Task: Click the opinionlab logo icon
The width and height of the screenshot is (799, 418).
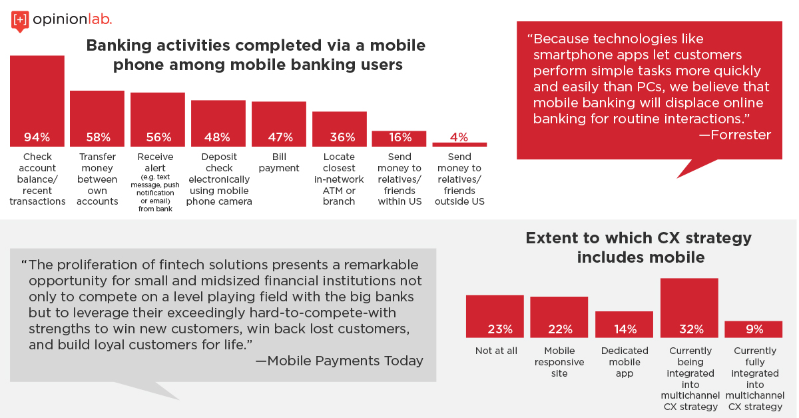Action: click(x=20, y=21)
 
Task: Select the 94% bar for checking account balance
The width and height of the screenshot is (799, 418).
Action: click(x=37, y=101)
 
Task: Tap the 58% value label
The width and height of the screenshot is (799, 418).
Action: click(x=99, y=137)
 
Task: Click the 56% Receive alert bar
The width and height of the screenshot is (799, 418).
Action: click(x=158, y=120)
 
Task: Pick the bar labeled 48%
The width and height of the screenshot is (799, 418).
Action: click(x=218, y=123)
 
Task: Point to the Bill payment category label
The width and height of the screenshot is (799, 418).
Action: click(x=279, y=162)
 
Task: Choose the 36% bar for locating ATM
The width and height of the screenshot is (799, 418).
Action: click(x=340, y=129)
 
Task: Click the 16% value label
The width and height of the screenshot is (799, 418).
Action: click(x=400, y=137)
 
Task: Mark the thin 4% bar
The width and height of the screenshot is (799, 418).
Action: click(x=459, y=145)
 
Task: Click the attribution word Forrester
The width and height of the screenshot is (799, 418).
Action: click(x=740, y=135)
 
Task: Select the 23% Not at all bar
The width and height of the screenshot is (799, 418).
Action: click(x=495, y=317)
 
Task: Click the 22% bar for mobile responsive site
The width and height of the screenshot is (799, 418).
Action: click(x=559, y=317)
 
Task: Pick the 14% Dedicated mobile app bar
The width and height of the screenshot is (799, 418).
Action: click(x=625, y=325)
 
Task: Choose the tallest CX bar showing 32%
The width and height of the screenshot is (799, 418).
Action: click(x=689, y=308)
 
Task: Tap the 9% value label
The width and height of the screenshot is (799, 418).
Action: click(x=754, y=329)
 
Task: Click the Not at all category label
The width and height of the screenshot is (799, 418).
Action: click(x=496, y=351)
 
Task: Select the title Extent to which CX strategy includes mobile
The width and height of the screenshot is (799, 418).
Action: click(x=639, y=247)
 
